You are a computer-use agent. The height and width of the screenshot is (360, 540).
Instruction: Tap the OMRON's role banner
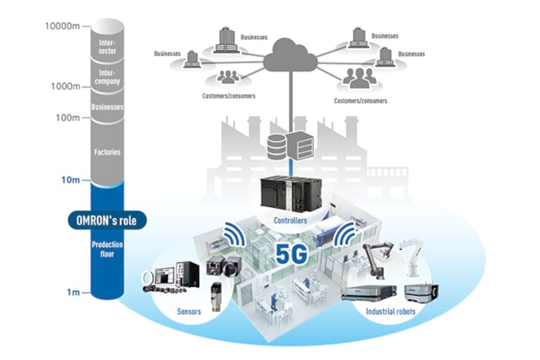pos(107,220)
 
